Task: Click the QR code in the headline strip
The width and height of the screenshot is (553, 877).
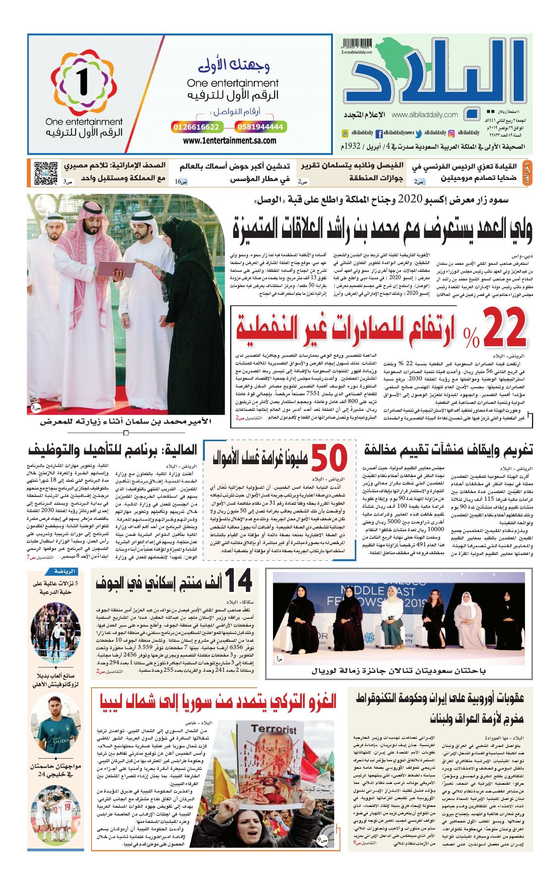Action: point(46,173)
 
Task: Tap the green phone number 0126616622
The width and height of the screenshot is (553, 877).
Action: point(197,127)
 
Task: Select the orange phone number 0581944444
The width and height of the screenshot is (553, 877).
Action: point(260,127)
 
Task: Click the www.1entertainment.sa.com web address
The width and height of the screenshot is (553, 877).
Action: point(229,141)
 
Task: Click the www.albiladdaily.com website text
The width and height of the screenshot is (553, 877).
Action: point(424,115)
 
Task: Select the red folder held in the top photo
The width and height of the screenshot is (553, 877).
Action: point(112,269)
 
